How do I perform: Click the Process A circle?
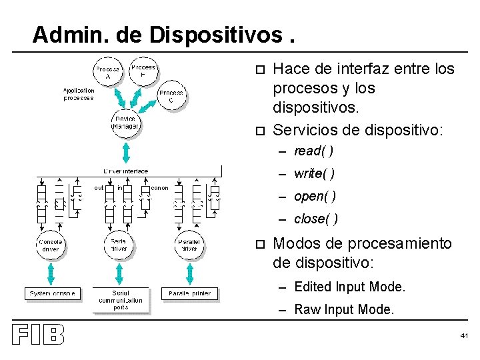107,73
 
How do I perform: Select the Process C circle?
171,97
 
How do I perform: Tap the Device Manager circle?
125,123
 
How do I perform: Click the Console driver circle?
50,245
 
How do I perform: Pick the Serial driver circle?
119,245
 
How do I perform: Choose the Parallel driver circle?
189,245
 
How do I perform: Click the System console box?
53,293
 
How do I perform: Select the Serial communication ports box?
121,300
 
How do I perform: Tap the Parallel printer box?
189,293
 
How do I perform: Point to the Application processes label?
79,94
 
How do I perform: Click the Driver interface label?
126,171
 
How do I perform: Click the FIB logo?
38,335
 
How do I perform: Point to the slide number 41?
464,336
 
